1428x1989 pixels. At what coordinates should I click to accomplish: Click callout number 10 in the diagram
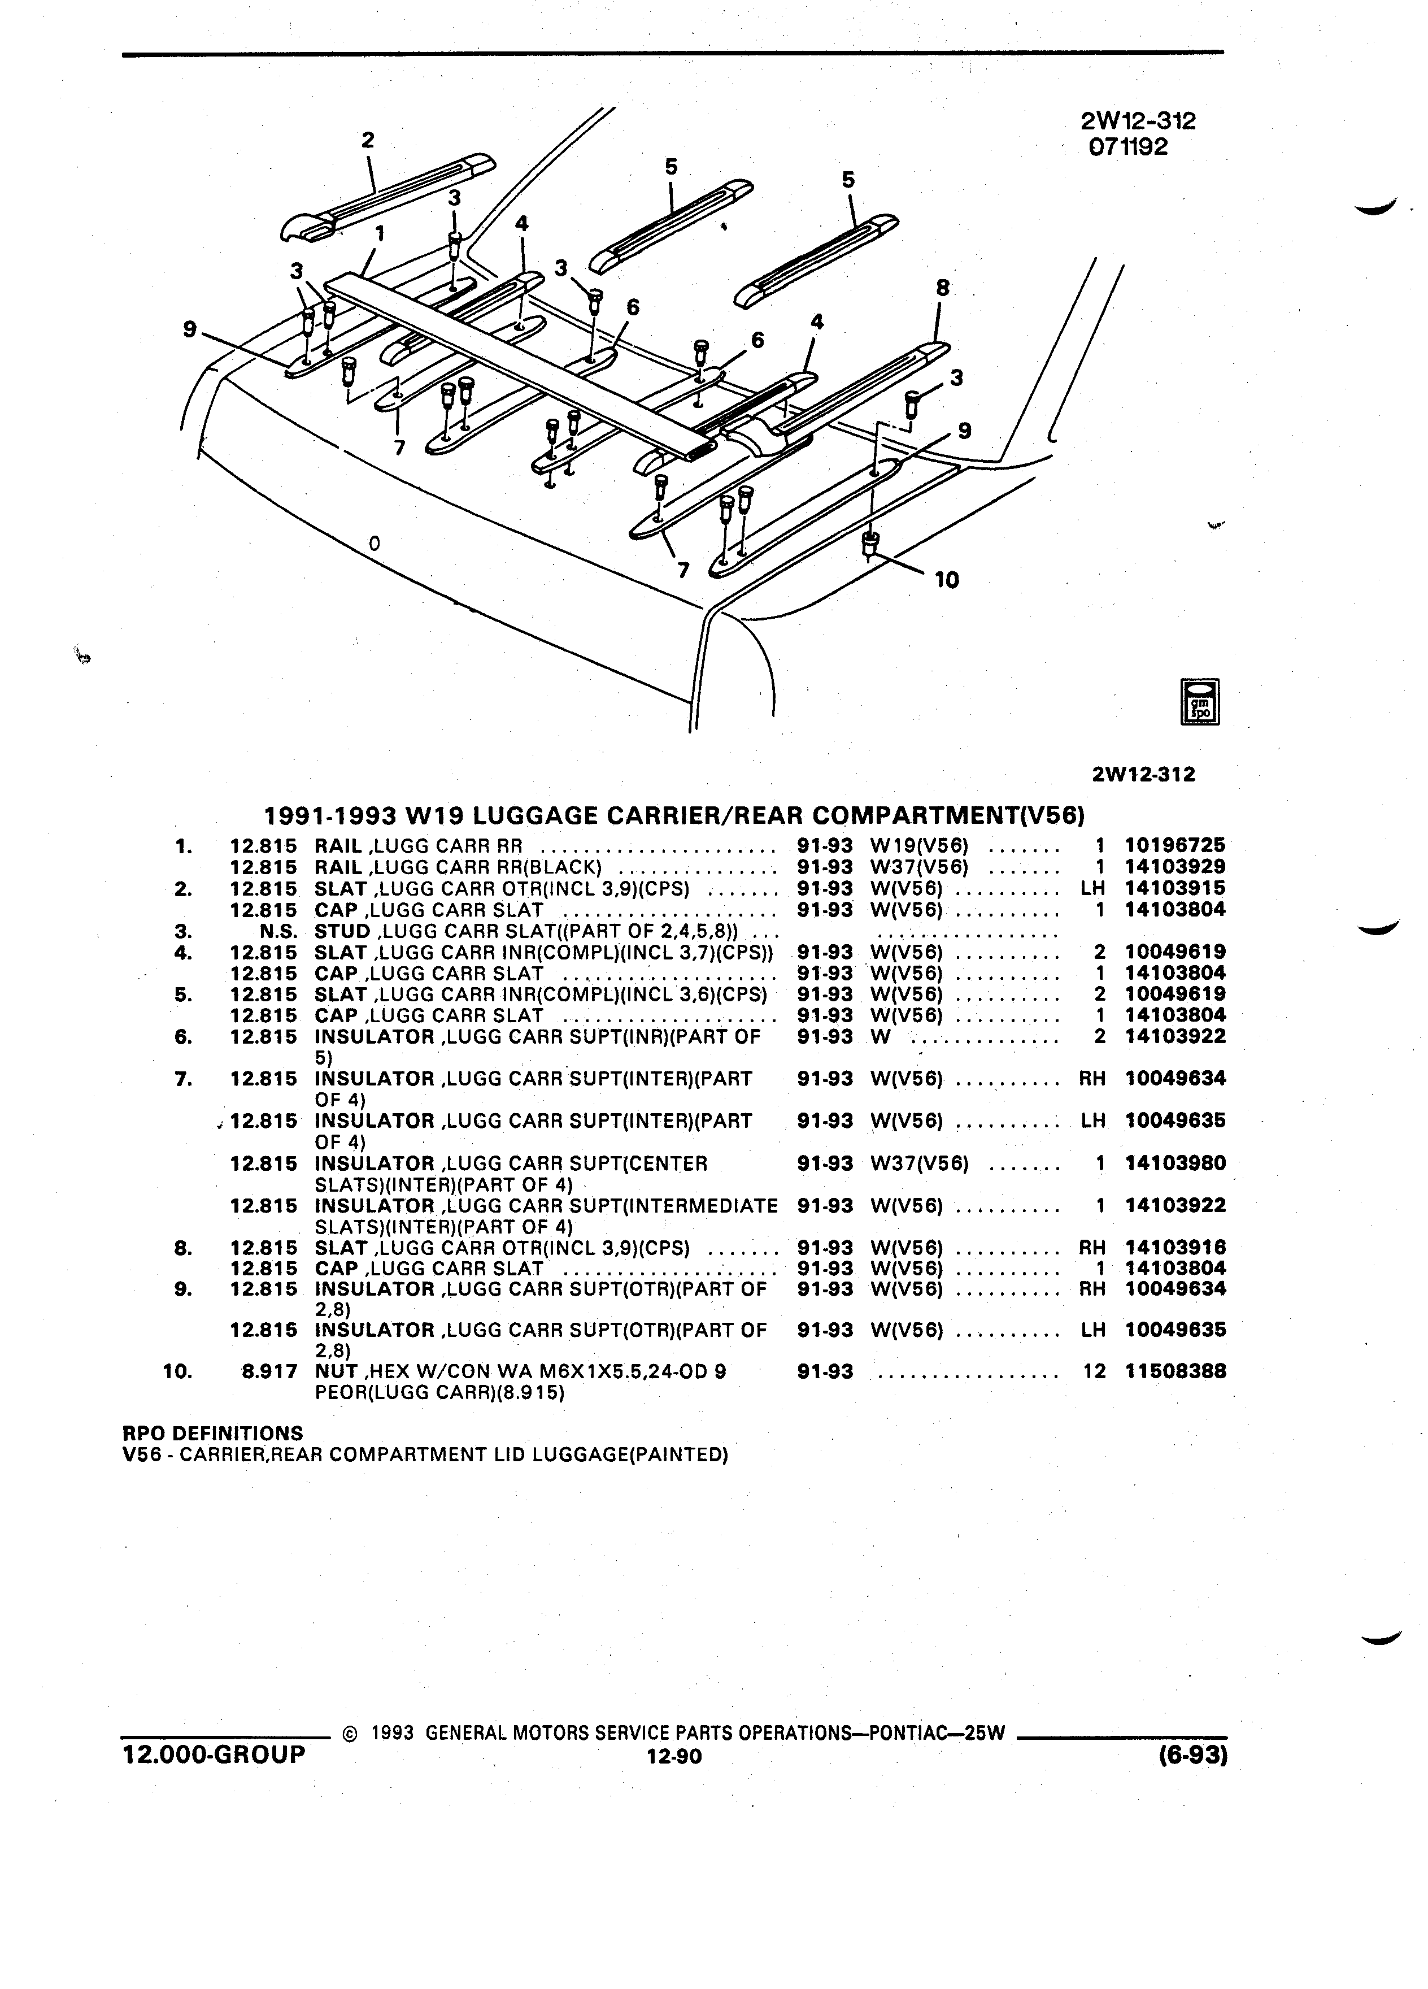click(947, 580)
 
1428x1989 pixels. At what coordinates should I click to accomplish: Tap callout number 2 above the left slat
click(368, 140)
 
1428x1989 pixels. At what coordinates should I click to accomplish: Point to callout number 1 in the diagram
click(380, 233)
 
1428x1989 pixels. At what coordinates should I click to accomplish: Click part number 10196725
click(1176, 845)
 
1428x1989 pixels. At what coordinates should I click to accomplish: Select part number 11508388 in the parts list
click(1176, 1371)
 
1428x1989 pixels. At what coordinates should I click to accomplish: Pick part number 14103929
click(1176, 866)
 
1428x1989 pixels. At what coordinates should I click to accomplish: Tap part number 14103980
click(1176, 1164)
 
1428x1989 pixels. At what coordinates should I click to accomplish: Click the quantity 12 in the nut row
click(1095, 1371)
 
